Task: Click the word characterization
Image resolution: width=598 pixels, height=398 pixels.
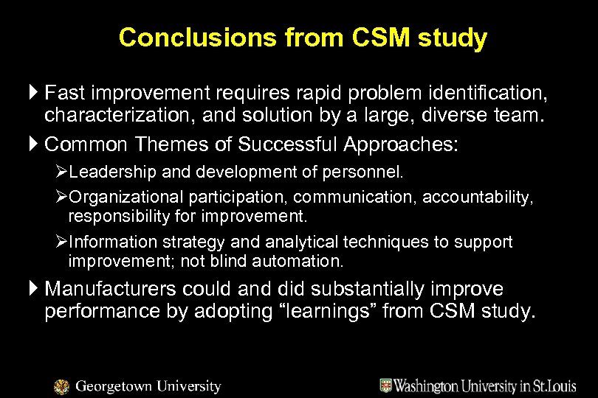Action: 118,115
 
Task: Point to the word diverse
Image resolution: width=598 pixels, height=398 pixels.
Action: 422,115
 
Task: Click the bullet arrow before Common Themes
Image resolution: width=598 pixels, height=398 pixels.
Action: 35,144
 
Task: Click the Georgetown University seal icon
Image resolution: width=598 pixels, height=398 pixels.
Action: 62,385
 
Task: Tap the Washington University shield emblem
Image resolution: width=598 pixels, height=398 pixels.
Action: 386,385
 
